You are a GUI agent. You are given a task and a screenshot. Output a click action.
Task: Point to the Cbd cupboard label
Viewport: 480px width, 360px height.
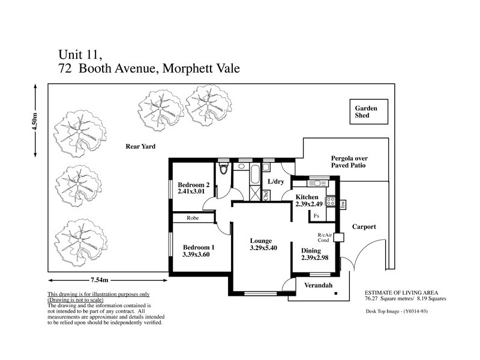coord(266,193)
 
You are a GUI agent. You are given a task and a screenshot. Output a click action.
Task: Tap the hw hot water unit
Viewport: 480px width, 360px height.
coord(343,205)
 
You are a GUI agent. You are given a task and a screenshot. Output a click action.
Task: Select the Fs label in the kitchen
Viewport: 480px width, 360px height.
coord(316,215)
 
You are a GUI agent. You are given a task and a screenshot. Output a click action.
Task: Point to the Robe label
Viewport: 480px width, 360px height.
coord(193,218)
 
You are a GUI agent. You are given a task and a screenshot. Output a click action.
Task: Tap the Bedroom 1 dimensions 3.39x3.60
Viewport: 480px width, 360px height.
coord(196,255)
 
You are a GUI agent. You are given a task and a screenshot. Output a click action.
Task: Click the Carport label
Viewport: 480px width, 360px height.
coord(364,227)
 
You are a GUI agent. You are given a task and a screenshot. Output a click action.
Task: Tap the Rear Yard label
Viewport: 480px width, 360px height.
coord(140,146)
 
